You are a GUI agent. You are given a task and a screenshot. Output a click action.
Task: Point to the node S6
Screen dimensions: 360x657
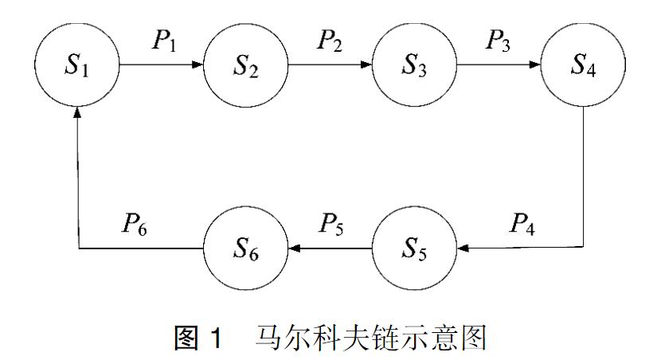point(245,248)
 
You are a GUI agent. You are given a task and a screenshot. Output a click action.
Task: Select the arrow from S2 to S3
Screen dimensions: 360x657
point(329,65)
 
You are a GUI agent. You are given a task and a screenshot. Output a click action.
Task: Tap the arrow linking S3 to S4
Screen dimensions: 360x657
point(498,65)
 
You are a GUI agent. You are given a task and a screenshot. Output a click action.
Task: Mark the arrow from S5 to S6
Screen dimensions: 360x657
point(329,248)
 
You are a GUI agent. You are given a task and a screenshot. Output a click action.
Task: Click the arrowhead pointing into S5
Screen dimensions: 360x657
point(462,248)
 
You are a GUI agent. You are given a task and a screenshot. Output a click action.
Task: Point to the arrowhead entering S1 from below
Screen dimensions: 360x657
point(77,113)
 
